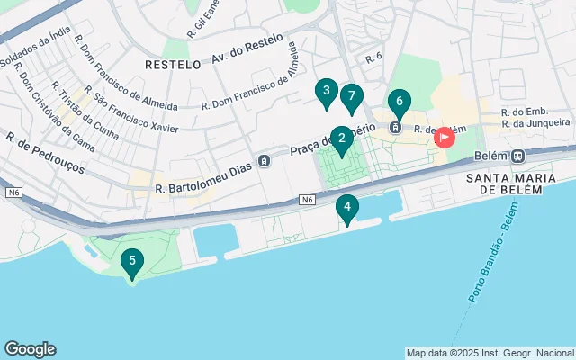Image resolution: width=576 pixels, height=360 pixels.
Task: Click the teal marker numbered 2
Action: click(341, 139)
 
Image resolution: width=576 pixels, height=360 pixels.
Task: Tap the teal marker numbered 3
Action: click(326, 91)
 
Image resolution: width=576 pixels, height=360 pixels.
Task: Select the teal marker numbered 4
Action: click(346, 207)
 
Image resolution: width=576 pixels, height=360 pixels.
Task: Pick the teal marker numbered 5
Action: click(132, 263)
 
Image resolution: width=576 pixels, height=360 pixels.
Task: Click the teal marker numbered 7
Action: click(352, 96)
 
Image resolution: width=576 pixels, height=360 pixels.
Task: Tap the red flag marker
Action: click(445, 138)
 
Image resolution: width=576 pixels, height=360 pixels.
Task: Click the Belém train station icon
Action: click(519, 155)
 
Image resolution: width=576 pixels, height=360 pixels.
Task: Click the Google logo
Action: click(30, 349)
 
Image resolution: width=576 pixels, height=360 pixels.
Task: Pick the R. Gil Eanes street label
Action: click(204, 19)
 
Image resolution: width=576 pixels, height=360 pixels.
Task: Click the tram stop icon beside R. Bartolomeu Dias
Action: click(264, 161)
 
